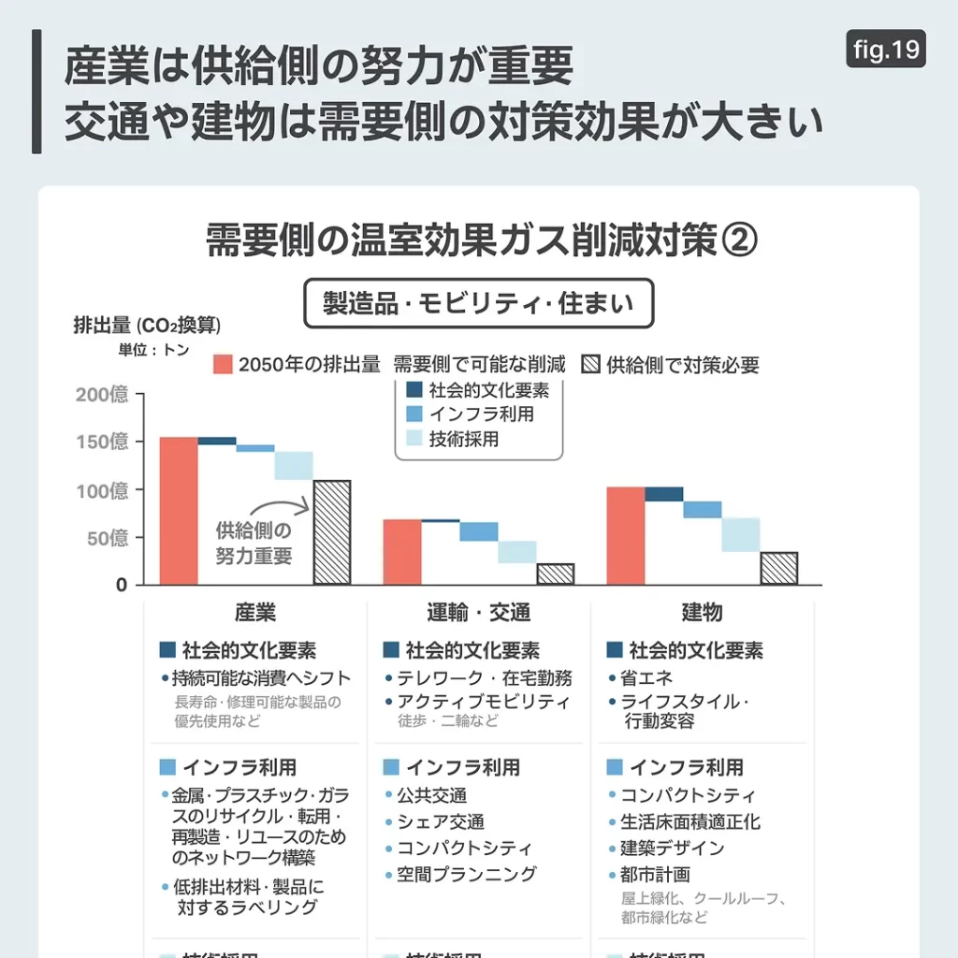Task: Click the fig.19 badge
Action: point(886,50)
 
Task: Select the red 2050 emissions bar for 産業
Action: point(179,511)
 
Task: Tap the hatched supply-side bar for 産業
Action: point(331,532)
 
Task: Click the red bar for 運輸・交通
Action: point(402,552)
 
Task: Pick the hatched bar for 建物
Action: point(778,568)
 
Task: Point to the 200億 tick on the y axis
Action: point(103,395)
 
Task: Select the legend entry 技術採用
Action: point(464,439)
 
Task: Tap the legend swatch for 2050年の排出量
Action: point(223,365)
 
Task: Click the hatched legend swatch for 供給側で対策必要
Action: point(590,365)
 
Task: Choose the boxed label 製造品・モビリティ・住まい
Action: point(478,304)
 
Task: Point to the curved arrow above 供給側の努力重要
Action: point(290,507)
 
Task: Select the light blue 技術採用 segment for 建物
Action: point(740,534)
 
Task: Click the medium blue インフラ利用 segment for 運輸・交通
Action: point(479,531)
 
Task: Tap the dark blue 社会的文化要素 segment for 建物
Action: point(664,494)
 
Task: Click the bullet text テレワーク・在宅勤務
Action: point(485,678)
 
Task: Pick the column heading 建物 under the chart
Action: point(702,613)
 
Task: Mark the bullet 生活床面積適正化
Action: point(690,821)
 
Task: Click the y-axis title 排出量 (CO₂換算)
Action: point(148,326)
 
